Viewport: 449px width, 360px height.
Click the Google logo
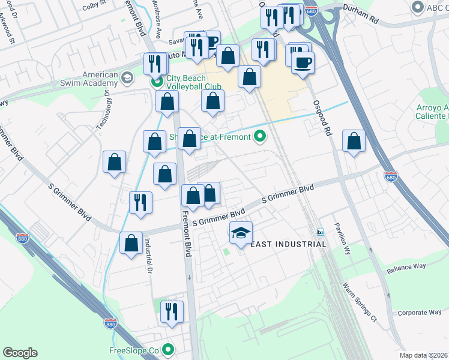coord(20,353)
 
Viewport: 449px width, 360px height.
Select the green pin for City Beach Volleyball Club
coord(157,82)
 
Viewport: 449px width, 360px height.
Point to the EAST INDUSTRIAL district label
coord(288,244)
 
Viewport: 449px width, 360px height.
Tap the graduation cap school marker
coord(241,232)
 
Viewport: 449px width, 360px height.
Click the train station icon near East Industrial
coord(321,232)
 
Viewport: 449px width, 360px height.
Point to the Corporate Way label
coord(420,313)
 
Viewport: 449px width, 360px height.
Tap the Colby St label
coord(94,5)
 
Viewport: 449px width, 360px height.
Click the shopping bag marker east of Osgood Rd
coord(354,142)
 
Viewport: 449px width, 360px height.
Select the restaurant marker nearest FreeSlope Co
coord(172,311)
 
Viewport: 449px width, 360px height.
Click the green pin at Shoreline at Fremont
coord(260,137)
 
